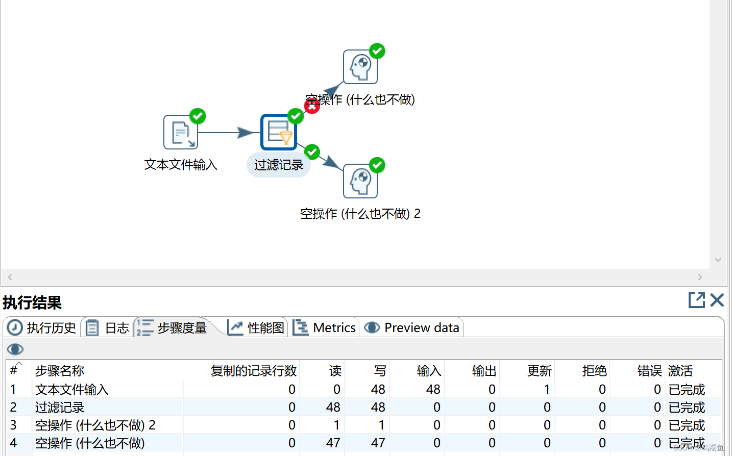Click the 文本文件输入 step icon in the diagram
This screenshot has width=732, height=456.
click(x=181, y=132)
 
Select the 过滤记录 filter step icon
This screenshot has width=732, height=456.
click(x=279, y=132)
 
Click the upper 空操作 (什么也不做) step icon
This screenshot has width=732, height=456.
click(x=360, y=67)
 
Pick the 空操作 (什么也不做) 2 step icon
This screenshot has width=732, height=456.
click(x=360, y=181)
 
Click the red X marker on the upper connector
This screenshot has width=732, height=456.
click(x=312, y=106)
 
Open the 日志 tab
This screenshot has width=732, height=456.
click(x=108, y=327)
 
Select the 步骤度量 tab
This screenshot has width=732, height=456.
click(x=174, y=327)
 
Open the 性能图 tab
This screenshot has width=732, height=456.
click(x=257, y=327)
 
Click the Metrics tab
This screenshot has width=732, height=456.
click(x=325, y=327)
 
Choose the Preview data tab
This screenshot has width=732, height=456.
click(x=412, y=327)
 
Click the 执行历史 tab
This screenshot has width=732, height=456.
click(x=42, y=327)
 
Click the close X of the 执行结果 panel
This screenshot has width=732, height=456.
click(x=717, y=300)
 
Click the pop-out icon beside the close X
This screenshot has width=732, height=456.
click(x=696, y=300)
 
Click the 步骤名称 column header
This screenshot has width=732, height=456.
click(x=60, y=371)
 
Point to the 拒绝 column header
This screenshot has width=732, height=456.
click(x=594, y=371)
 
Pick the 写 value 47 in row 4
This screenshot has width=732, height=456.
click(x=378, y=443)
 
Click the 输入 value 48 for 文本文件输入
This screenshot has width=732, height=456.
click(x=433, y=390)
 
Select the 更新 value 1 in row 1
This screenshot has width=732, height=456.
click(x=547, y=390)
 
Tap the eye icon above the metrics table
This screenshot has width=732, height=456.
click(x=15, y=349)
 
